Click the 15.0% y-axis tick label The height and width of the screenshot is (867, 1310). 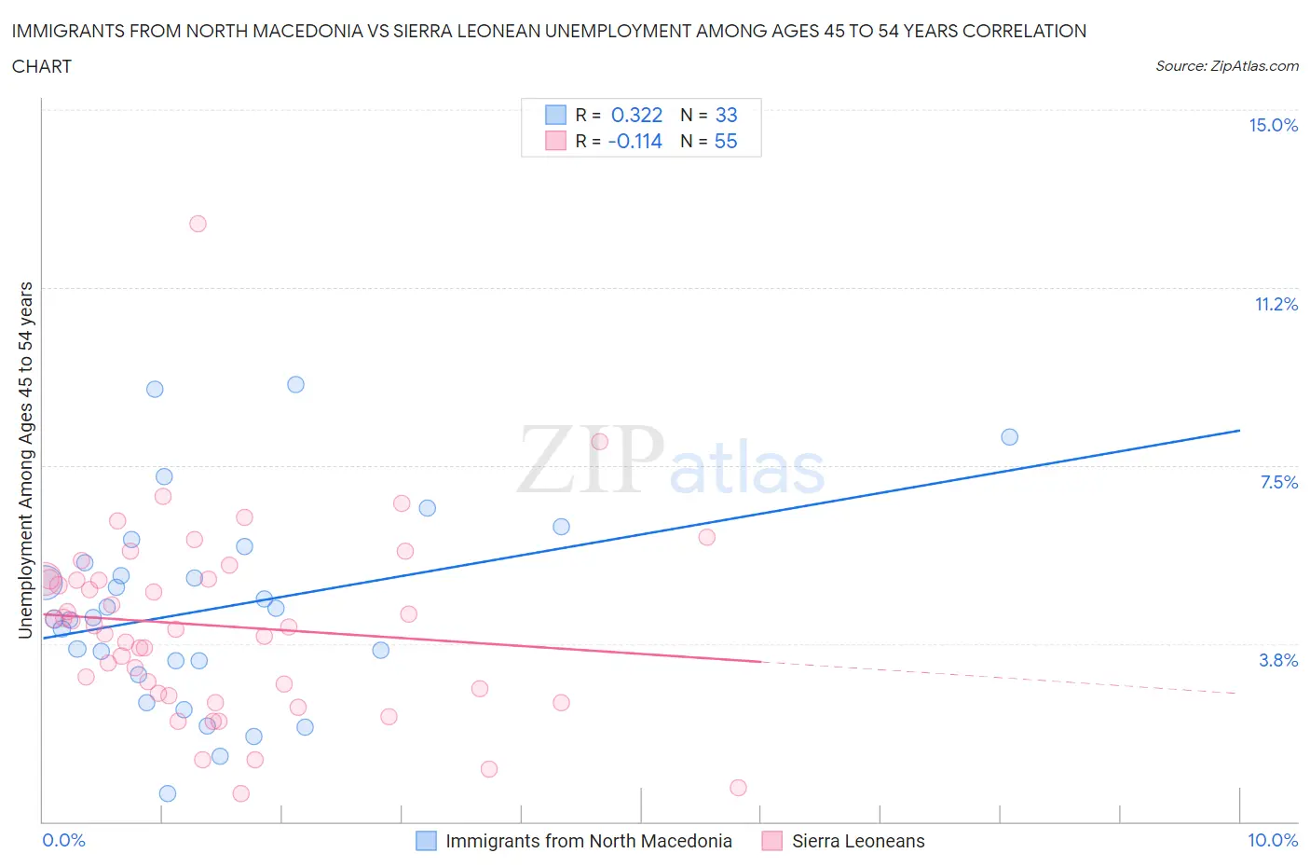click(1273, 126)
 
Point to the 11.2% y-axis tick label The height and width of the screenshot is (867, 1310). click(1276, 305)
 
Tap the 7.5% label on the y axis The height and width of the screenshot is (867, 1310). click(1278, 483)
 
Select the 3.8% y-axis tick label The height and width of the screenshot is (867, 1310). click(1278, 661)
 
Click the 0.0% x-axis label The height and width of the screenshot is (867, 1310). click(63, 841)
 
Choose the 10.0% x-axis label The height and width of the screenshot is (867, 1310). click(1273, 841)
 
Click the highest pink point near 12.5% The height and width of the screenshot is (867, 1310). click(198, 224)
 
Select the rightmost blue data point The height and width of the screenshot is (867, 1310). click(1009, 437)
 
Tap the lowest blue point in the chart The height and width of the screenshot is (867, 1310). click(168, 793)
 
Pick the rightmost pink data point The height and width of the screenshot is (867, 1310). click(738, 788)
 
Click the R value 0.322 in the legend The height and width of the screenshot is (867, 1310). click(636, 116)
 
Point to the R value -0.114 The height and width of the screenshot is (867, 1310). click(635, 142)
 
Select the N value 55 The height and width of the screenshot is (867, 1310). click(726, 142)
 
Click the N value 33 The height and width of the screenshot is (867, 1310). click(726, 116)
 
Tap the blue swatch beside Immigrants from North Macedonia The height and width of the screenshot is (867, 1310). click(426, 841)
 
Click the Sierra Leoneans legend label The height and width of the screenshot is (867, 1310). click(858, 841)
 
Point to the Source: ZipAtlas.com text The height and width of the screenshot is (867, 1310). click(1226, 66)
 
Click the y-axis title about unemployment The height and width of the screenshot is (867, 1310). click(26, 461)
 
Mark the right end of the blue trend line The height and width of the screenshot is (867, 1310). click(1239, 431)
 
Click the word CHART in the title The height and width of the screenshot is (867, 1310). click(42, 66)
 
